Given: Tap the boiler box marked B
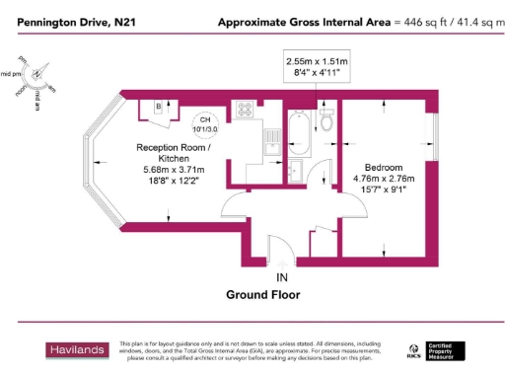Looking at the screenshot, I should (158, 108).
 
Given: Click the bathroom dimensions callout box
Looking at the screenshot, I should (318, 67).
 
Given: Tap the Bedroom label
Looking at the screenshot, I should (383, 167).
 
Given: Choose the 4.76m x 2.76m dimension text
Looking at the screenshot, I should (383, 179).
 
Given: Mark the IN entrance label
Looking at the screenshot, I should (282, 276).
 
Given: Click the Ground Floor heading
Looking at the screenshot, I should (262, 294).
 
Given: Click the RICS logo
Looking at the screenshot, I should (413, 349).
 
